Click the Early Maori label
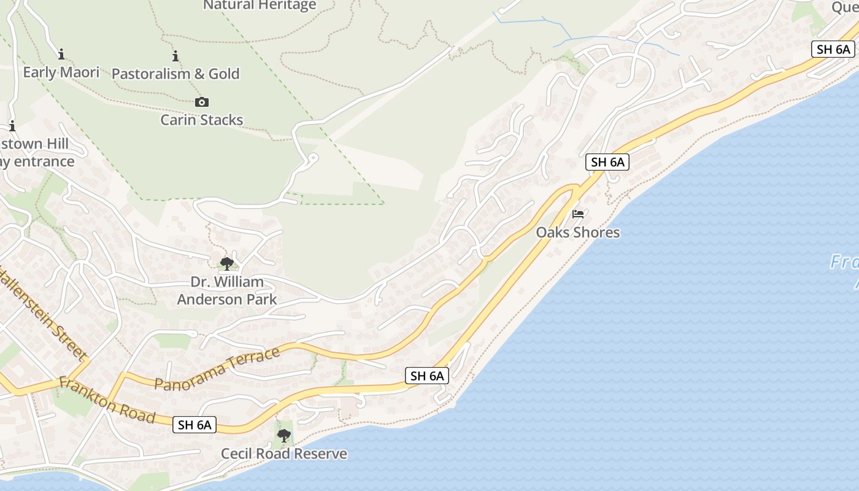[x=61, y=72]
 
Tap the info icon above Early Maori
[x=61, y=55]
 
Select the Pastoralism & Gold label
[x=175, y=74]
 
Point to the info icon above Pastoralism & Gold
[x=175, y=56]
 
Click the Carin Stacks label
[x=201, y=120]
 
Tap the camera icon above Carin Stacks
[x=201, y=102]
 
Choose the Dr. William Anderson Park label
[x=227, y=291]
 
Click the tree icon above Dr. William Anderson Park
[x=226, y=265]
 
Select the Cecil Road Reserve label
[x=283, y=454]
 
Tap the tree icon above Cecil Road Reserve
[x=283, y=436]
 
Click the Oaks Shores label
[x=577, y=233]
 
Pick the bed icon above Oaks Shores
[x=578, y=214]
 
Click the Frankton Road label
[x=107, y=400]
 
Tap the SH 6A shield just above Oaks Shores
[x=607, y=162]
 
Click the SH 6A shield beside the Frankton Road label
[x=195, y=424]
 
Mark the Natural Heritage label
[x=260, y=6]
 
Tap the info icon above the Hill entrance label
[x=12, y=126]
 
